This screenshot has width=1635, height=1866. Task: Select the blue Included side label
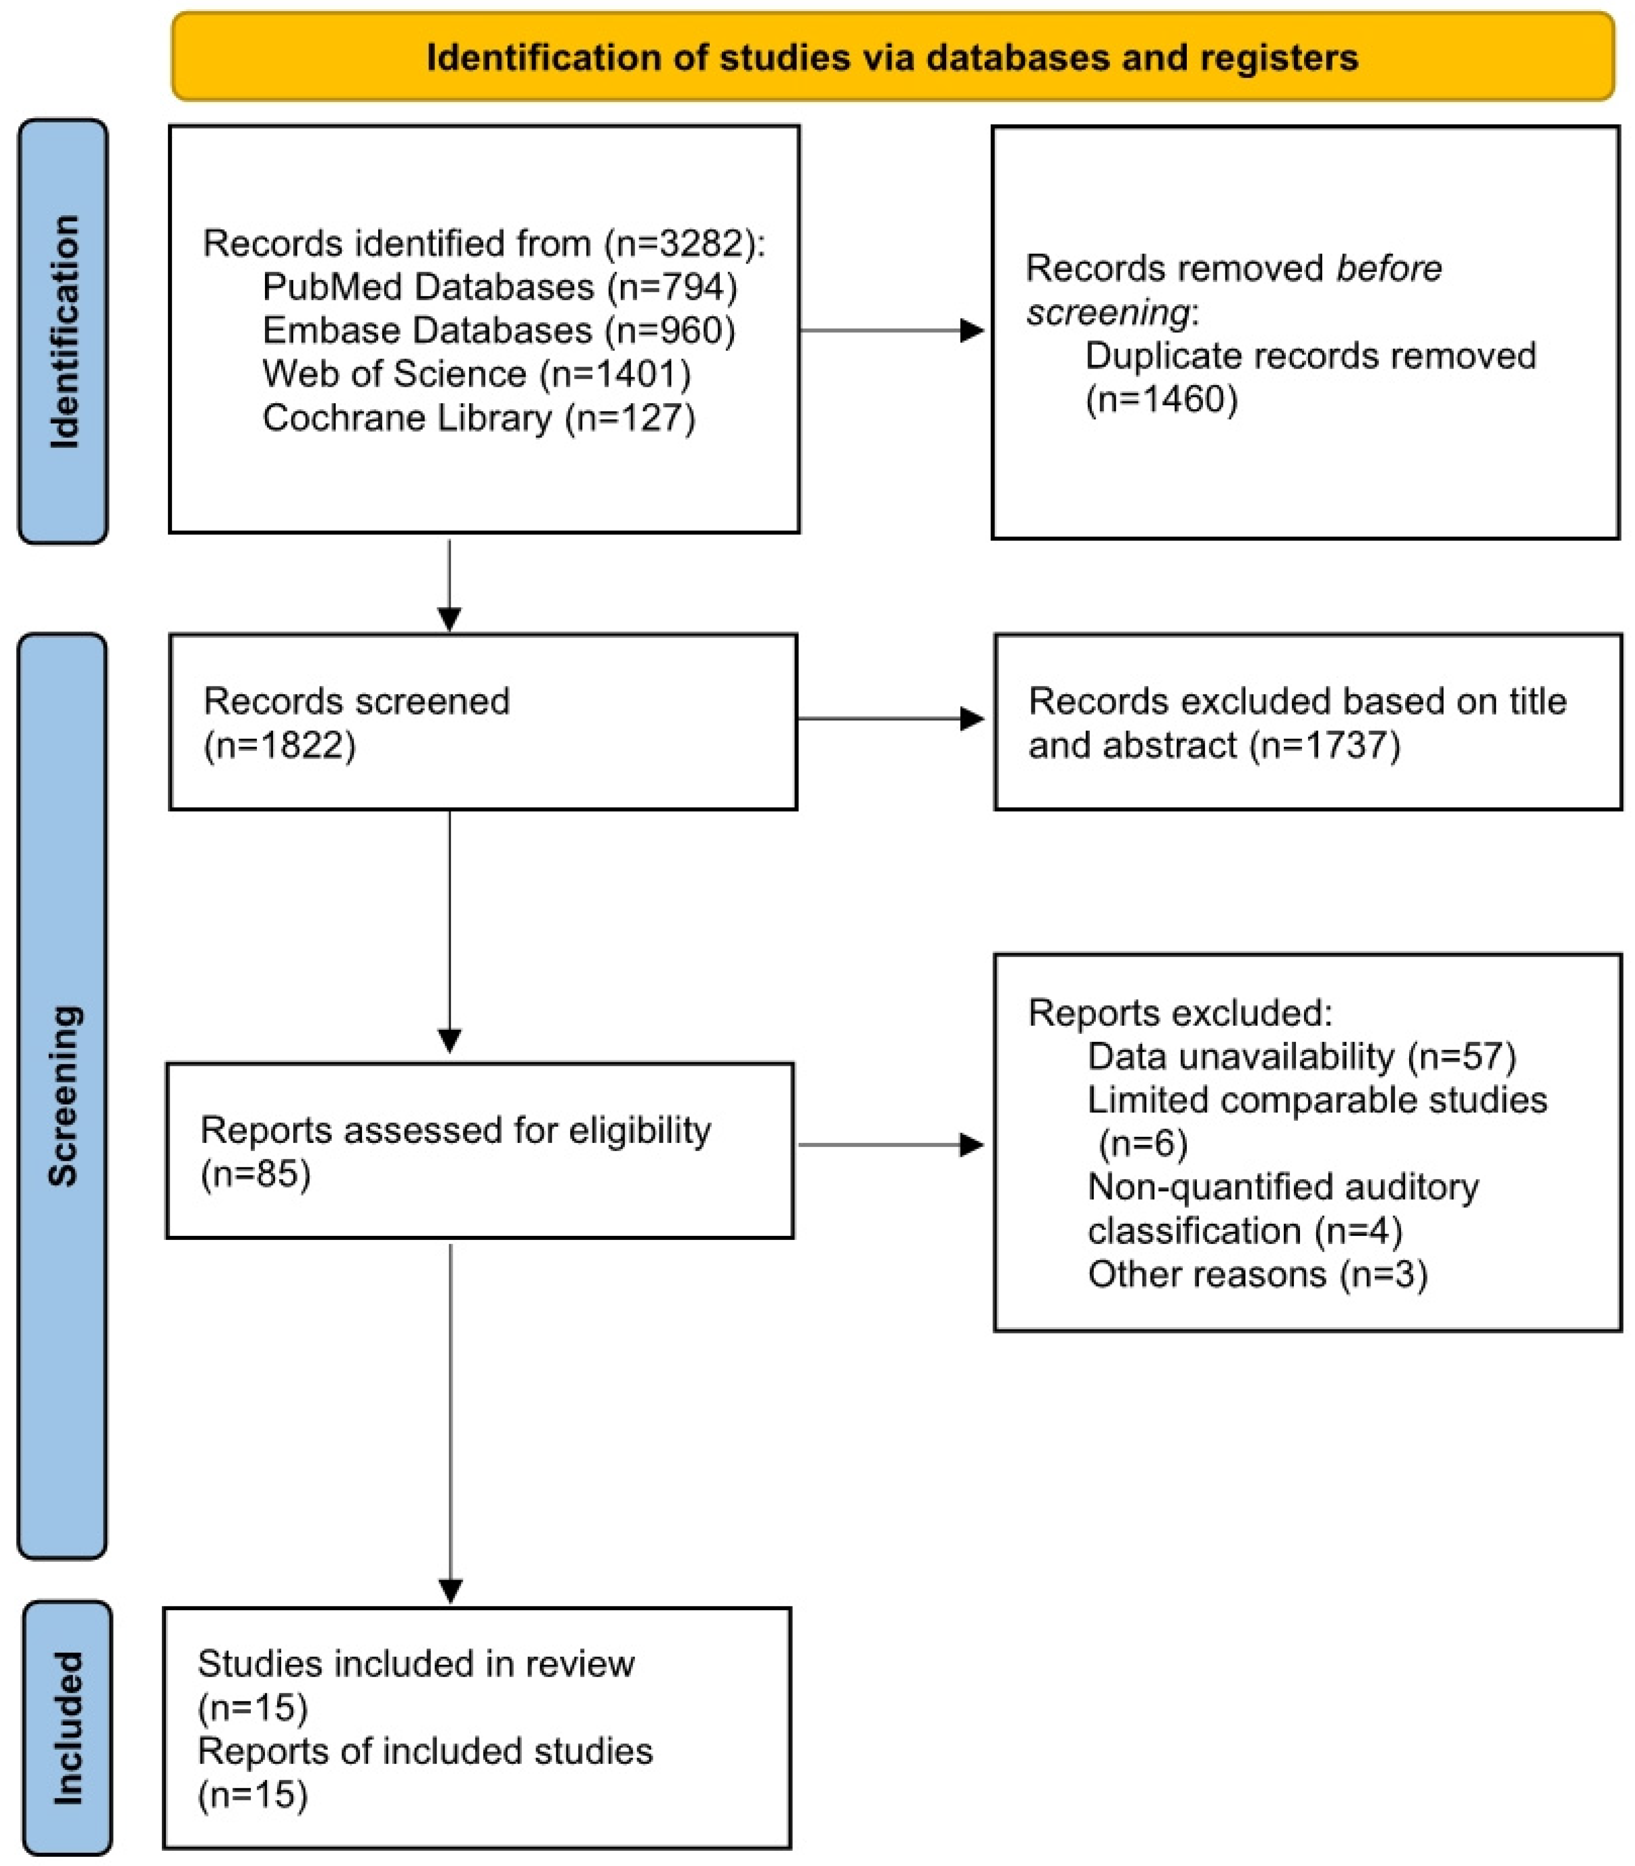click(66, 1727)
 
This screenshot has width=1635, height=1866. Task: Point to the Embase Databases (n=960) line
click(498, 331)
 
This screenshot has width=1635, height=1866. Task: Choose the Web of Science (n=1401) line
click(476, 374)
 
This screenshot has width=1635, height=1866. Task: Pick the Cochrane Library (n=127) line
click(478, 418)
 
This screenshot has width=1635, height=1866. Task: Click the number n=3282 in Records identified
click(682, 244)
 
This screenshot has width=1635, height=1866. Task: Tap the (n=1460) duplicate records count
click(1160, 400)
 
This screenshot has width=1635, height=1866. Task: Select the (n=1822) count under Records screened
click(279, 745)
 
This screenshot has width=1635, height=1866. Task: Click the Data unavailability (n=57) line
click(1301, 1057)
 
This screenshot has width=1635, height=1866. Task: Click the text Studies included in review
click(416, 1663)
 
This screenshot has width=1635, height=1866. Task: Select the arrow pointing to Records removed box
click(971, 331)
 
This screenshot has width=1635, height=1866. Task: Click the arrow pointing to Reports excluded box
click(971, 1145)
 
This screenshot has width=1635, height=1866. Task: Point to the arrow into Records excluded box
click(971, 719)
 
